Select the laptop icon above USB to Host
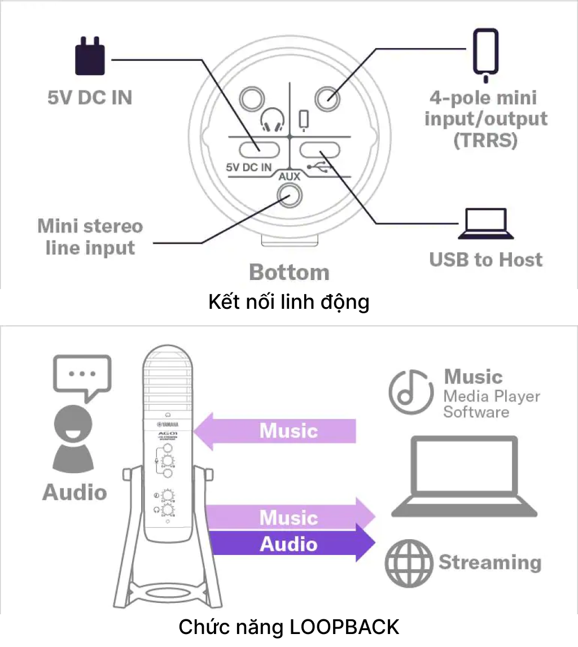tap(485, 225)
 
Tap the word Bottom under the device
tap(289, 272)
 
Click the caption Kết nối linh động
tap(289, 302)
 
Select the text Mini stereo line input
tap(90, 237)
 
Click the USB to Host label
tap(485, 260)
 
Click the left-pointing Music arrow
tap(277, 431)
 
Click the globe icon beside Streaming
tap(409, 563)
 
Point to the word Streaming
tap(490, 562)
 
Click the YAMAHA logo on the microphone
tap(168, 425)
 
